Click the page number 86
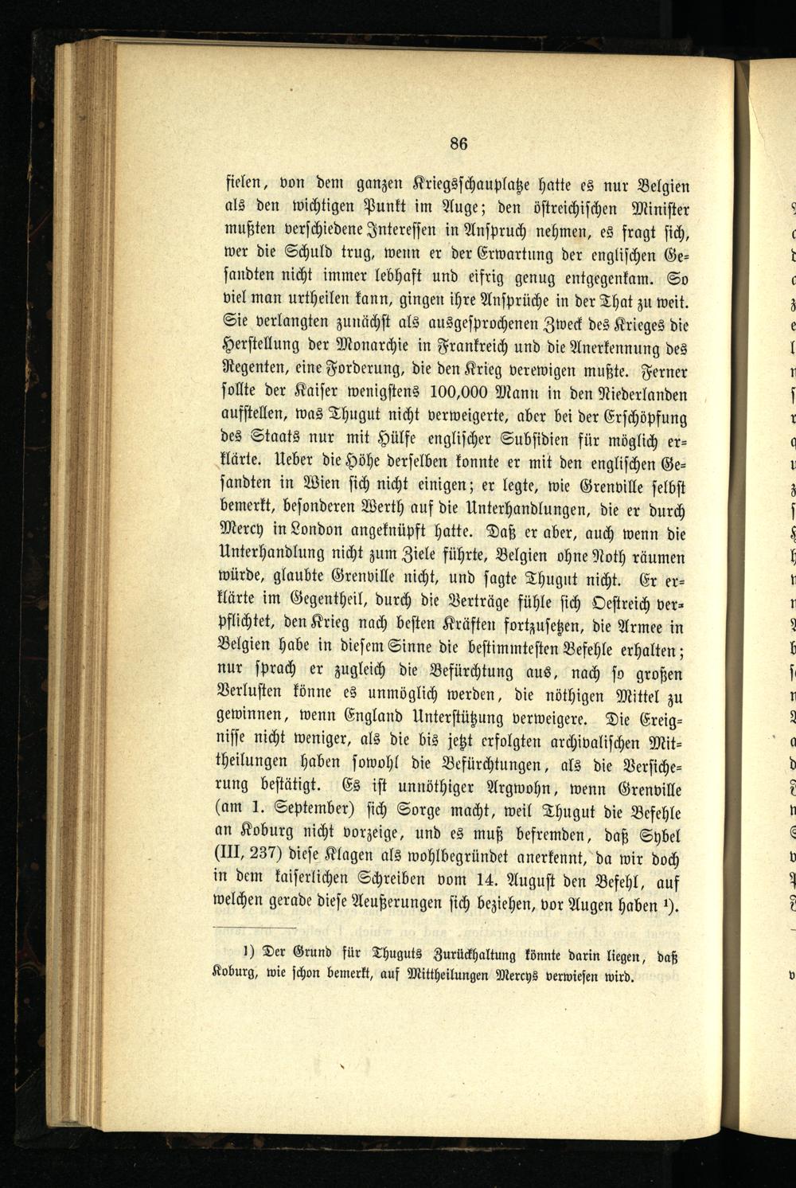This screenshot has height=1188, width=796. (458, 143)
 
